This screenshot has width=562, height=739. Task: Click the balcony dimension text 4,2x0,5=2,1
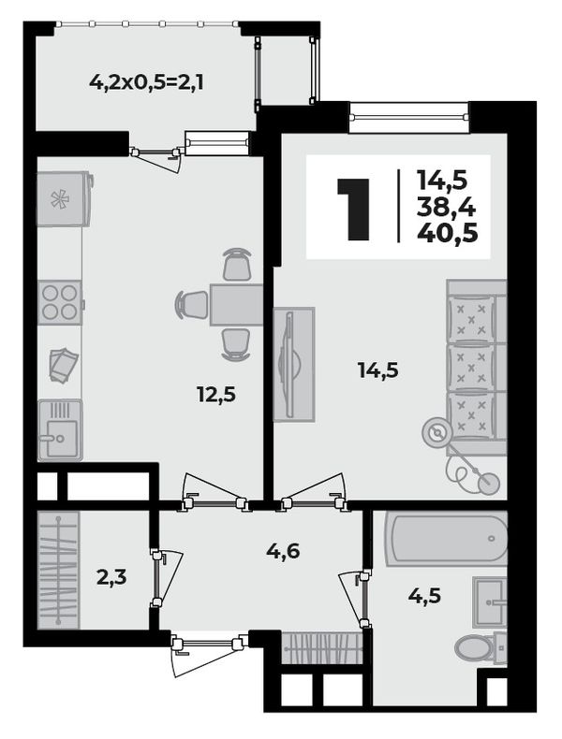tap(146, 83)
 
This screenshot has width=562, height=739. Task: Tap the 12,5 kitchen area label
tap(216, 395)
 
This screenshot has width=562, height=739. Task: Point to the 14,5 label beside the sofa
tap(378, 370)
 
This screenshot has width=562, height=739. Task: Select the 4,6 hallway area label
tap(283, 551)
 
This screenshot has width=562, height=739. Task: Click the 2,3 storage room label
tap(111, 577)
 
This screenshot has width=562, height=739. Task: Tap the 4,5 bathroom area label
tap(424, 596)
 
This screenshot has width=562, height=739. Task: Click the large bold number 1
tap(353, 210)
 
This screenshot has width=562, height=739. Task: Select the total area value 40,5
tap(448, 233)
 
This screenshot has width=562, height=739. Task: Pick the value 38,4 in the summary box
tap(447, 207)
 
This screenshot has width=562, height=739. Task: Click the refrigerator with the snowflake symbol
tap(64, 199)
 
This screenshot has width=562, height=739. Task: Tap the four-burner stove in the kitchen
tap(60, 302)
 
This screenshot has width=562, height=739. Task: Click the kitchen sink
tap(60, 429)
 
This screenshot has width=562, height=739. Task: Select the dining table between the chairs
tap(236, 304)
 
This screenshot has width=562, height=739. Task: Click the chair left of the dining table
tap(192, 304)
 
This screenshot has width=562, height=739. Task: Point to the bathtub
tap(447, 538)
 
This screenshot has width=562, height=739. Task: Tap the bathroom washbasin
tap(489, 602)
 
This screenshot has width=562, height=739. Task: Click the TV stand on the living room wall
tap(293, 364)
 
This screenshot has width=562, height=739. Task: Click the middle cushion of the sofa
tap(470, 367)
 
